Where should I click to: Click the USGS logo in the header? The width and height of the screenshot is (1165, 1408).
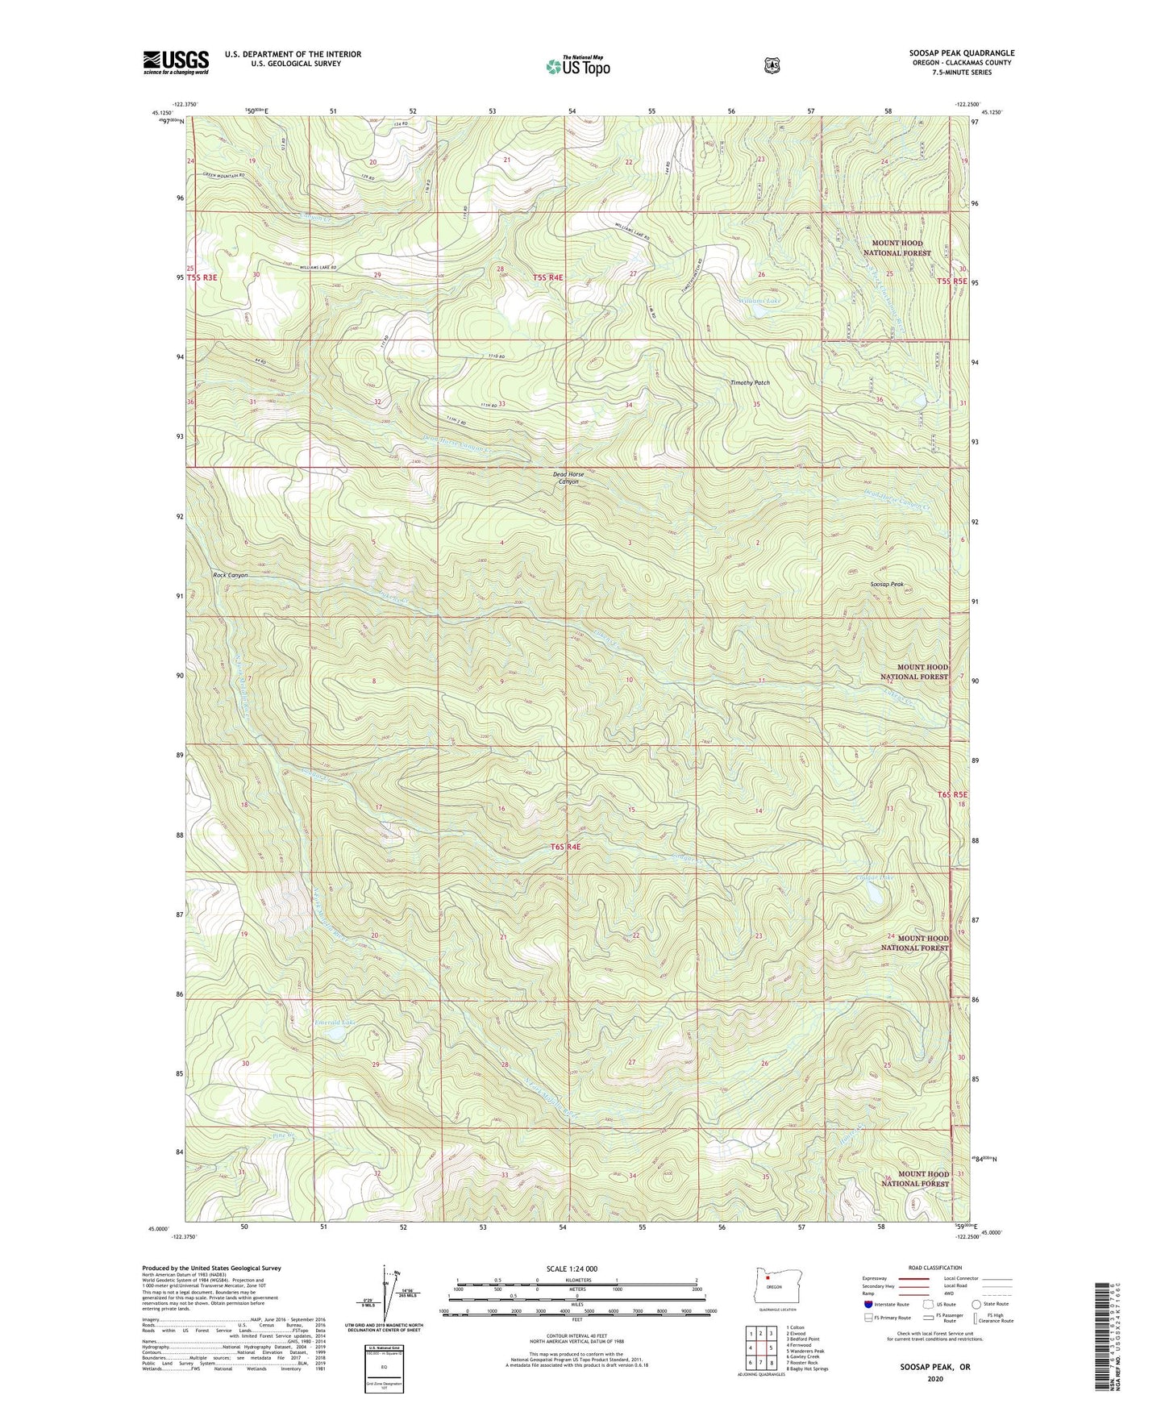(x=176, y=62)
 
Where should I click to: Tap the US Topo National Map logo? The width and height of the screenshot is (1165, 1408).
(x=576, y=66)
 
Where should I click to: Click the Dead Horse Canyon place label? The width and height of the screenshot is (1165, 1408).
(x=568, y=478)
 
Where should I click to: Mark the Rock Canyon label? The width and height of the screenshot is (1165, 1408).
(x=230, y=575)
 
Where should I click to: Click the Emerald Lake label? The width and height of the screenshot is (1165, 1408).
(x=335, y=1023)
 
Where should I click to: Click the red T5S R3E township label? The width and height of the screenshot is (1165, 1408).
(x=202, y=277)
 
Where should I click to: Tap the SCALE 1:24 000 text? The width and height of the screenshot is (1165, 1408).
(x=572, y=1268)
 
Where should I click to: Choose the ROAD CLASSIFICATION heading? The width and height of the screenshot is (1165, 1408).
(x=935, y=1268)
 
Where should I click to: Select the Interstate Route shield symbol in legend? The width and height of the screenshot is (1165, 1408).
(x=868, y=1303)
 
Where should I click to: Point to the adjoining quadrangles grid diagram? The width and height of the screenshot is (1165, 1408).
(x=760, y=1348)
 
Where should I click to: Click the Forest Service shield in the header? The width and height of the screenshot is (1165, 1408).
(x=772, y=65)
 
